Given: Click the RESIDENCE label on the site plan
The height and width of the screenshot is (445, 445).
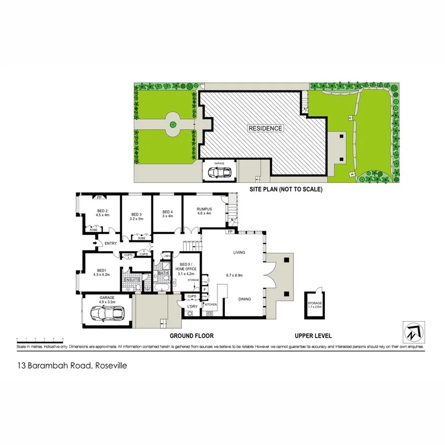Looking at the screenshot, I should (266, 128).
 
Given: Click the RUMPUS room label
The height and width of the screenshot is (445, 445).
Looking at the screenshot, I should (204, 209).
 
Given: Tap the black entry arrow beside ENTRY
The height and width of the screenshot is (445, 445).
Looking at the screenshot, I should (95, 243).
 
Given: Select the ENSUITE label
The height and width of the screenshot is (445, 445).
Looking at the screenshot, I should (131, 280).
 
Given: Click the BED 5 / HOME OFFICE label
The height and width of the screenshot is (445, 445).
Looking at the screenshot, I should (188, 267).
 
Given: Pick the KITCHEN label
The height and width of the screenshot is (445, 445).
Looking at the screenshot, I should (211, 304).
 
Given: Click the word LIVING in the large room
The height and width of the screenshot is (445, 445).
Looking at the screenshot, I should (239, 252).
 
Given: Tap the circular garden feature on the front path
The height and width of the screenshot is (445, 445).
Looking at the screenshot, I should (173, 125).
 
